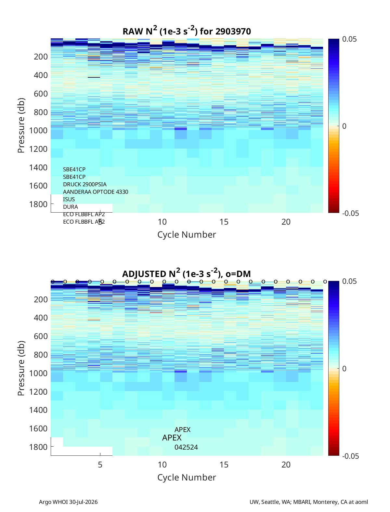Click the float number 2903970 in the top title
point(233,32)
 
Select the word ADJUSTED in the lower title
point(144,274)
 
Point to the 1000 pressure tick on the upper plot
point(38,131)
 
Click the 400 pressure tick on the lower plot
point(41,318)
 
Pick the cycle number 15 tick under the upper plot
point(224,222)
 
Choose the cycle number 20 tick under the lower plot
point(286,465)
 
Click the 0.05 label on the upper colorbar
point(349,39)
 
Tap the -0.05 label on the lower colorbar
point(350,456)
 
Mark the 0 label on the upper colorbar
point(344,126)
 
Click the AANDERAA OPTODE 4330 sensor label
point(96,192)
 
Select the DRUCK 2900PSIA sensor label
point(84,184)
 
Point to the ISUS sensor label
point(69,199)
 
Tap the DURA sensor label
point(71,207)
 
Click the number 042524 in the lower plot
point(186,447)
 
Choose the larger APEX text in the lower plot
point(172,438)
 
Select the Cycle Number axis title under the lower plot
point(187,477)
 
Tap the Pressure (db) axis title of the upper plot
point(21,125)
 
